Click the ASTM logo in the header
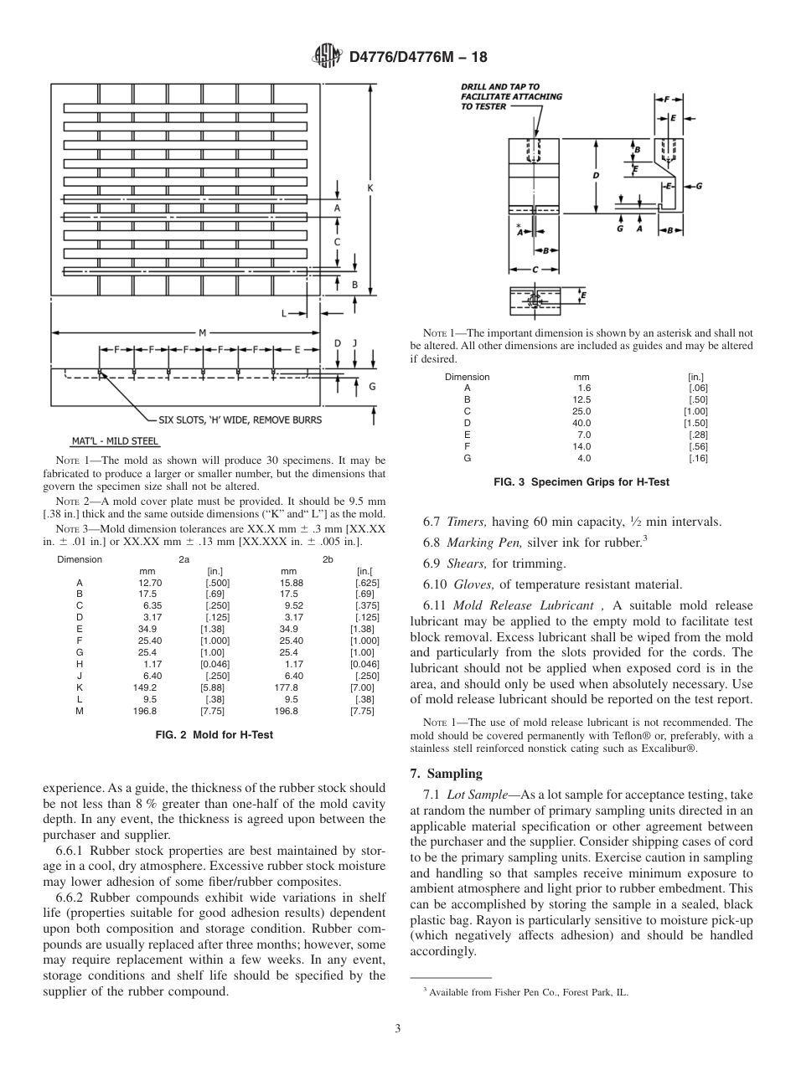[x=325, y=57]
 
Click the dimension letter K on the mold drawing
[x=370, y=188]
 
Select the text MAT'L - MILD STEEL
[x=115, y=441]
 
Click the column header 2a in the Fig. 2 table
[x=183, y=559]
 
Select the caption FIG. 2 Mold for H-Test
[x=215, y=735]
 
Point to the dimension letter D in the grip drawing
[x=596, y=176]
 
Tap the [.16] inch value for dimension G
[x=698, y=458]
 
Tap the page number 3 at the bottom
[x=397, y=1028]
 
